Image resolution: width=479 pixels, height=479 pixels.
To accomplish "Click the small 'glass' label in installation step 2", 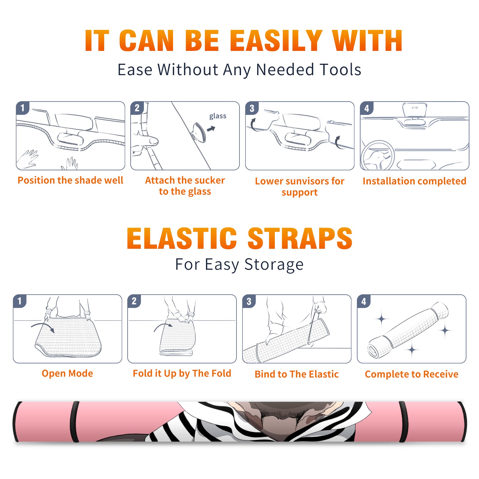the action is point(218,116).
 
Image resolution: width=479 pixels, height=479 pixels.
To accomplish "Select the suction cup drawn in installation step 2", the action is point(199,132).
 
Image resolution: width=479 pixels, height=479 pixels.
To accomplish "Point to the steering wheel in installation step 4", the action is point(377,155).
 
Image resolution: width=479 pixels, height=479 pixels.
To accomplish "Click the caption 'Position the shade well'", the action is point(70,180).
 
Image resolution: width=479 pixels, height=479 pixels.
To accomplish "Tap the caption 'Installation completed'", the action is point(414,181).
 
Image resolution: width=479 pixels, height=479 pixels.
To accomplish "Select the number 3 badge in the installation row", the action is point(252,108).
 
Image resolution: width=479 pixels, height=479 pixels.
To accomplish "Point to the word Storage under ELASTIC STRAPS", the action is point(274,265).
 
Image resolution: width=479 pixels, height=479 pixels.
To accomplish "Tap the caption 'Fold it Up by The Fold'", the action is point(182,373).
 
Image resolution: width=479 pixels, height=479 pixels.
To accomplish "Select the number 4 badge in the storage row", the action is point(364,301).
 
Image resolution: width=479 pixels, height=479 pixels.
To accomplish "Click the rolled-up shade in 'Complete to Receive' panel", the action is point(408,330).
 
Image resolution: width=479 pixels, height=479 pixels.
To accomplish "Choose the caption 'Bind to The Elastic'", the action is point(297,374).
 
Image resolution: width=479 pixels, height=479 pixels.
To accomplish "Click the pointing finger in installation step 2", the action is point(145,141).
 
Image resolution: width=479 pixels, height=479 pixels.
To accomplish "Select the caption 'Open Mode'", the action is point(67,373).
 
